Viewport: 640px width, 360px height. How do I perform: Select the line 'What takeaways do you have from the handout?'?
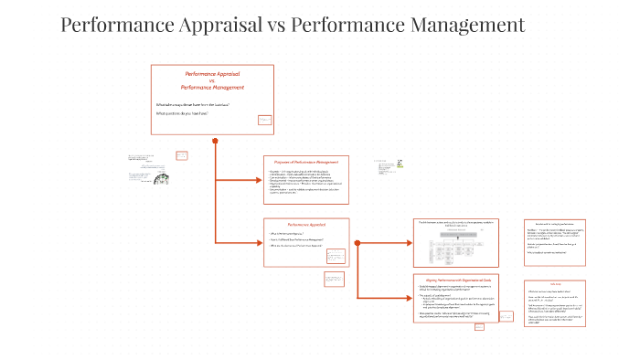(193, 105)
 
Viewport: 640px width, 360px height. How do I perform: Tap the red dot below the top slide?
(215, 141)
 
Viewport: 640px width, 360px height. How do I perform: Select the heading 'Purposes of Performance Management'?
(300, 162)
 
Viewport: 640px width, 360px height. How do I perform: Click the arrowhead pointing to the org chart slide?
(410, 242)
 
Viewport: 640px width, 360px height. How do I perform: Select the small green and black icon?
(400, 164)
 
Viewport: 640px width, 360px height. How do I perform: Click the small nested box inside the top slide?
(264, 120)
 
